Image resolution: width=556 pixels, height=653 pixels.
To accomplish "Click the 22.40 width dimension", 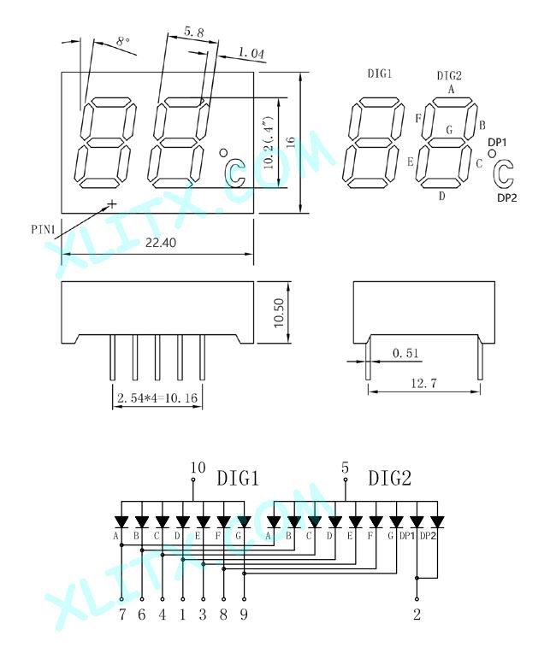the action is pos(161,243).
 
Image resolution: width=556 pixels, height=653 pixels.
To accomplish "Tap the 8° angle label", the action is pos(123,41).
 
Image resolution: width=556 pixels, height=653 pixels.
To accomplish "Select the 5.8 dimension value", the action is pos(194,32).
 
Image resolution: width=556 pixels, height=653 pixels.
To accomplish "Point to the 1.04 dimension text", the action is pos(251,53).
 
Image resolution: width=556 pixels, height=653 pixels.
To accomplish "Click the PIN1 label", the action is pos(44,229).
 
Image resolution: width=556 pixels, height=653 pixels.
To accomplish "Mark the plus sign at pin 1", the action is pos(112,203).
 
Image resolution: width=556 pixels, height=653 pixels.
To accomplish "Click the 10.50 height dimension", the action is pos(279,313).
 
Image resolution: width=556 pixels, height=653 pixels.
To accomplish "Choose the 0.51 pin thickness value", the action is pos(405,353).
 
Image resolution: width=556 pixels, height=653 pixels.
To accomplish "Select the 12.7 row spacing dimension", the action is pos(424,383).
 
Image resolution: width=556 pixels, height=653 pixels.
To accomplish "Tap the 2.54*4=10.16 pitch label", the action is pos(157,397).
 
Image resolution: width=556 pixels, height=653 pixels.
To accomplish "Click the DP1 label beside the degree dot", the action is pos(497,143).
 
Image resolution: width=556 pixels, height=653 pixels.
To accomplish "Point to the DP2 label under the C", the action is pos(507,198).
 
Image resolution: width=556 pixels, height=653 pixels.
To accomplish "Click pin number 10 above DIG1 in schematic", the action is pos(198,468).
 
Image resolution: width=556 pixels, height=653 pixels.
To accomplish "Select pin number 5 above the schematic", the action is pos(345,468).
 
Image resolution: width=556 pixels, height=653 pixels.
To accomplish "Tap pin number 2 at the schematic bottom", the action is pos(417,615).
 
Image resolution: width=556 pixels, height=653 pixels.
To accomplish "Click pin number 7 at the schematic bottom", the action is pos(121,615).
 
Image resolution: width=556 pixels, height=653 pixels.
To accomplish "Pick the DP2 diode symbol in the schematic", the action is pos(437,522).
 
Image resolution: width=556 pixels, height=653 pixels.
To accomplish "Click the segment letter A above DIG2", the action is pos(451,89).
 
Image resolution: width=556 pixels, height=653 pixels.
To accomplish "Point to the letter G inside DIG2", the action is pos(449,130).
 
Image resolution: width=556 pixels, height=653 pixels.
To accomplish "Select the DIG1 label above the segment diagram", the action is pos(379,74).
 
